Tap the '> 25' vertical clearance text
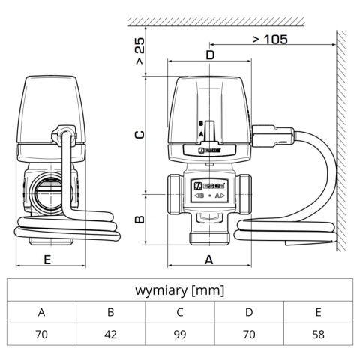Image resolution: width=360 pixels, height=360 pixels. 140,51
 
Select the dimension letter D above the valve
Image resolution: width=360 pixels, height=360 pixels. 210,55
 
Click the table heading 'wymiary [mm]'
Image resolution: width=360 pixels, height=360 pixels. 179,289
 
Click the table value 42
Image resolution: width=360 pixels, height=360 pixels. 110,334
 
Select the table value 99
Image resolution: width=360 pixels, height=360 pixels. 179,334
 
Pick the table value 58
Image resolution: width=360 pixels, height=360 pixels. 318,334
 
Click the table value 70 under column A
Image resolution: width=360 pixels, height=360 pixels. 41,334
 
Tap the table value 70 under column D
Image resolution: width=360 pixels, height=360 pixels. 249,334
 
